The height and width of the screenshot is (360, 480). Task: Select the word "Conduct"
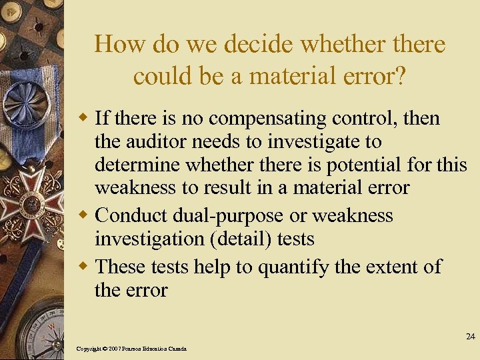coord(132,215)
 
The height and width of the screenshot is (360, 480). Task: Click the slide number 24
coord(471,336)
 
